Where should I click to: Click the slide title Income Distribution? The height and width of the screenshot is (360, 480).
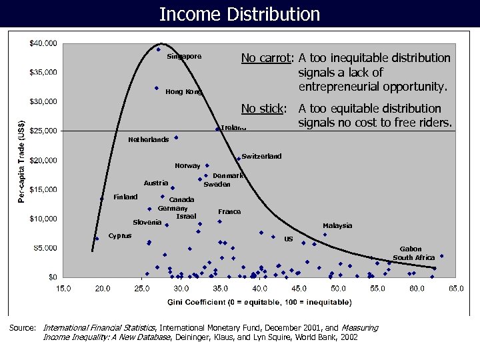[240, 14]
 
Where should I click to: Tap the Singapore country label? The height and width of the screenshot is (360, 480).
[184, 57]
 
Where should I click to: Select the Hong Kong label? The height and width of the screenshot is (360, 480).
[184, 92]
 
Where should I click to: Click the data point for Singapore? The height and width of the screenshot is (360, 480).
[159, 49]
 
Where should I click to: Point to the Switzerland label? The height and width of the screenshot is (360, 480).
[261, 157]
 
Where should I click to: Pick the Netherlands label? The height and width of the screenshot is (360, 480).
[148, 140]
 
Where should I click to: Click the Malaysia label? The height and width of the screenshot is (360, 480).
[337, 226]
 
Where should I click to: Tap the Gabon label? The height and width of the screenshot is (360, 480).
[411, 249]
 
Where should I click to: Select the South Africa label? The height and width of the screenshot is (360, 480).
[413, 257]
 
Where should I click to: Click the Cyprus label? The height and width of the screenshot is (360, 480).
[120, 235]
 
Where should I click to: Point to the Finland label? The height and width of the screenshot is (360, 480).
[125, 197]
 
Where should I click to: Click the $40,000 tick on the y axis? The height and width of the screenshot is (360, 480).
[43, 43]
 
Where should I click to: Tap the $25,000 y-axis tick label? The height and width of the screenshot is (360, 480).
[43, 131]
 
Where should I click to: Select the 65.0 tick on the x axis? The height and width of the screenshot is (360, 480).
[455, 289]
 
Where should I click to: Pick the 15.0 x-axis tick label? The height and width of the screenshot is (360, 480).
[63, 289]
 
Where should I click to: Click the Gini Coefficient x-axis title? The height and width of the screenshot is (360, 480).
[259, 303]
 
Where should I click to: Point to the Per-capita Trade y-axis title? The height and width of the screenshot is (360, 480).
[22, 160]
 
